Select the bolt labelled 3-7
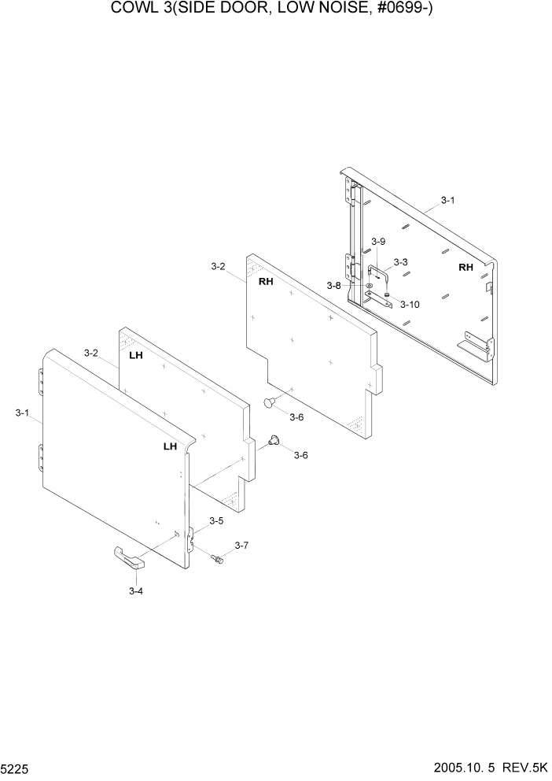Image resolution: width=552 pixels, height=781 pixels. click(218, 559)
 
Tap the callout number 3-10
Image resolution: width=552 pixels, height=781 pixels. click(410, 304)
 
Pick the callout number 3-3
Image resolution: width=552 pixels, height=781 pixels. click(400, 262)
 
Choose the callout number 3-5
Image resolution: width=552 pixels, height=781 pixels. click(215, 520)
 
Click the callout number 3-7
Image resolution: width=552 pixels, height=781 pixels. click(241, 545)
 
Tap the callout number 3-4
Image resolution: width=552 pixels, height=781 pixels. click(135, 590)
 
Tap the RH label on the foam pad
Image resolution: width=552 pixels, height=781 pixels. click(265, 281)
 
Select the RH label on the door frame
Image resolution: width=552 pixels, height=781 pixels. click(466, 268)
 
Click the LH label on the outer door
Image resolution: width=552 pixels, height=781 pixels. click(170, 446)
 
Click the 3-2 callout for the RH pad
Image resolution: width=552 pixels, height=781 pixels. click(218, 268)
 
